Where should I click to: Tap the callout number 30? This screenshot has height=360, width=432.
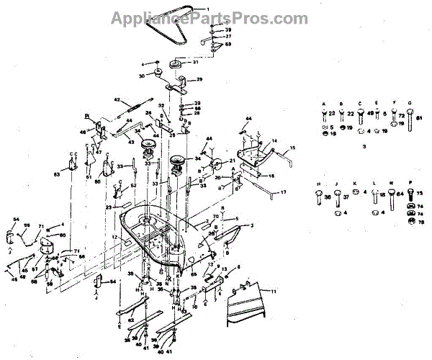(142, 75)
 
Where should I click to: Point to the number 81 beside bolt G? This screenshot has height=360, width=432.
(420, 119)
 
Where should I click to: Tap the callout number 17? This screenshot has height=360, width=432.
(283, 192)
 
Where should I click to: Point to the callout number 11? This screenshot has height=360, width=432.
(273, 290)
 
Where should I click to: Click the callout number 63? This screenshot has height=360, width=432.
(56, 174)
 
